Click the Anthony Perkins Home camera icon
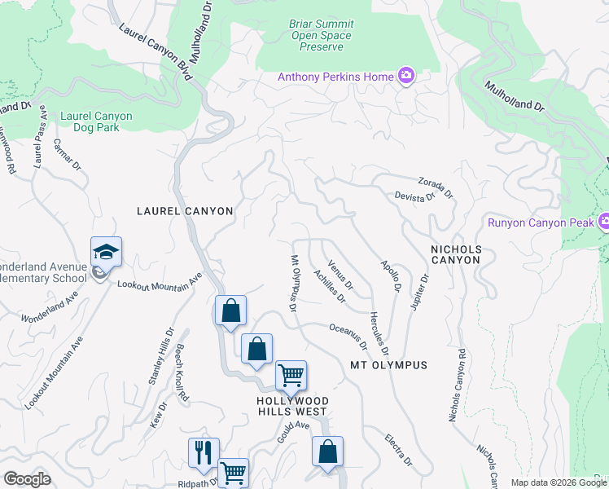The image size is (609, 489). click(405, 77)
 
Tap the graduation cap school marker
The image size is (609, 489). click(106, 251)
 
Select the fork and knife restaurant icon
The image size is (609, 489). click(204, 452)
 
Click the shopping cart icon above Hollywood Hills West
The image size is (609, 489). click(290, 376)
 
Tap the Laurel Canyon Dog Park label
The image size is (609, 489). click(96, 121)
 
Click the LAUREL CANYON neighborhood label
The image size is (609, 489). click(184, 211)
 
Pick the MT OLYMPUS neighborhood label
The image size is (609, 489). click(389, 365)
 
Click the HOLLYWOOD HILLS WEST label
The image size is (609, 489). click(292, 407)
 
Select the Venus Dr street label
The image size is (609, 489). click(340, 275)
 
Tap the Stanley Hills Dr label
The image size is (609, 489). click(160, 356)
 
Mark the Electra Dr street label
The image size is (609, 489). click(399, 449)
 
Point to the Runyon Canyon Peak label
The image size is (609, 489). click(541, 222)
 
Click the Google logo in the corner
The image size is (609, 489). click(27, 479)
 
